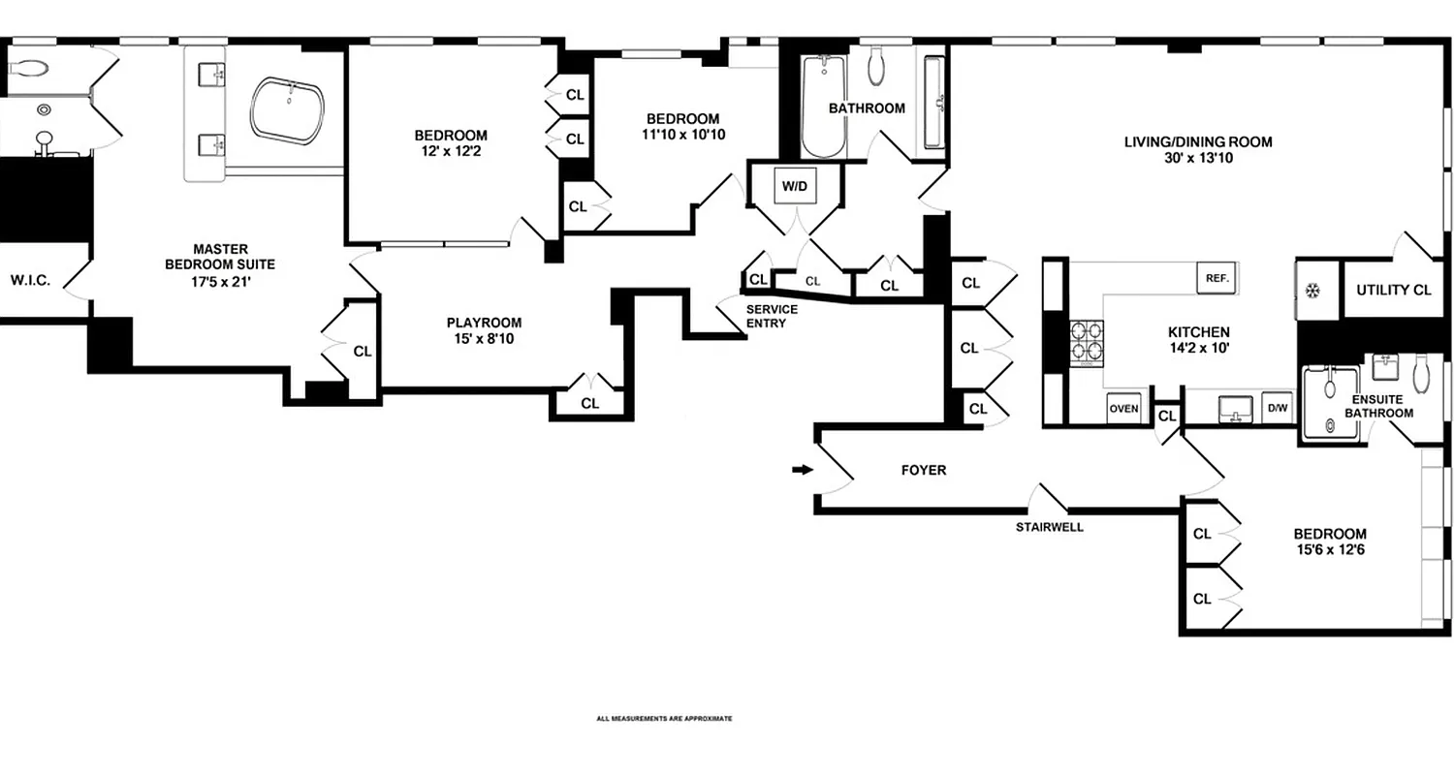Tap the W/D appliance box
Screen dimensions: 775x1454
point(795,186)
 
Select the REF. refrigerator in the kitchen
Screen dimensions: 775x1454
point(1217,278)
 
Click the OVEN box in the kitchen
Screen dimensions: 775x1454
point(1123,409)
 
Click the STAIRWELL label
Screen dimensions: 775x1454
point(1049,528)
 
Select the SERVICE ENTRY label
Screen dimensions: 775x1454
point(772,316)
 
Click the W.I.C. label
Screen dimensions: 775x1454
point(30,281)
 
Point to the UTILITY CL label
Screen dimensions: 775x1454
point(1394,290)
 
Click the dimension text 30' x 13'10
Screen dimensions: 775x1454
point(1198,159)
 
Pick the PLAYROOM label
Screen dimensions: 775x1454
point(484,323)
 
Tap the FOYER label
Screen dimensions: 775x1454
point(923,470)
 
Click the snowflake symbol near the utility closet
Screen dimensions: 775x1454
point(1314,290)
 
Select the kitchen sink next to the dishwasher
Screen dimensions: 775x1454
point(1233,408)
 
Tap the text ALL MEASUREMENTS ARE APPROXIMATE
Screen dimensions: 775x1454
point(664,719)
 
